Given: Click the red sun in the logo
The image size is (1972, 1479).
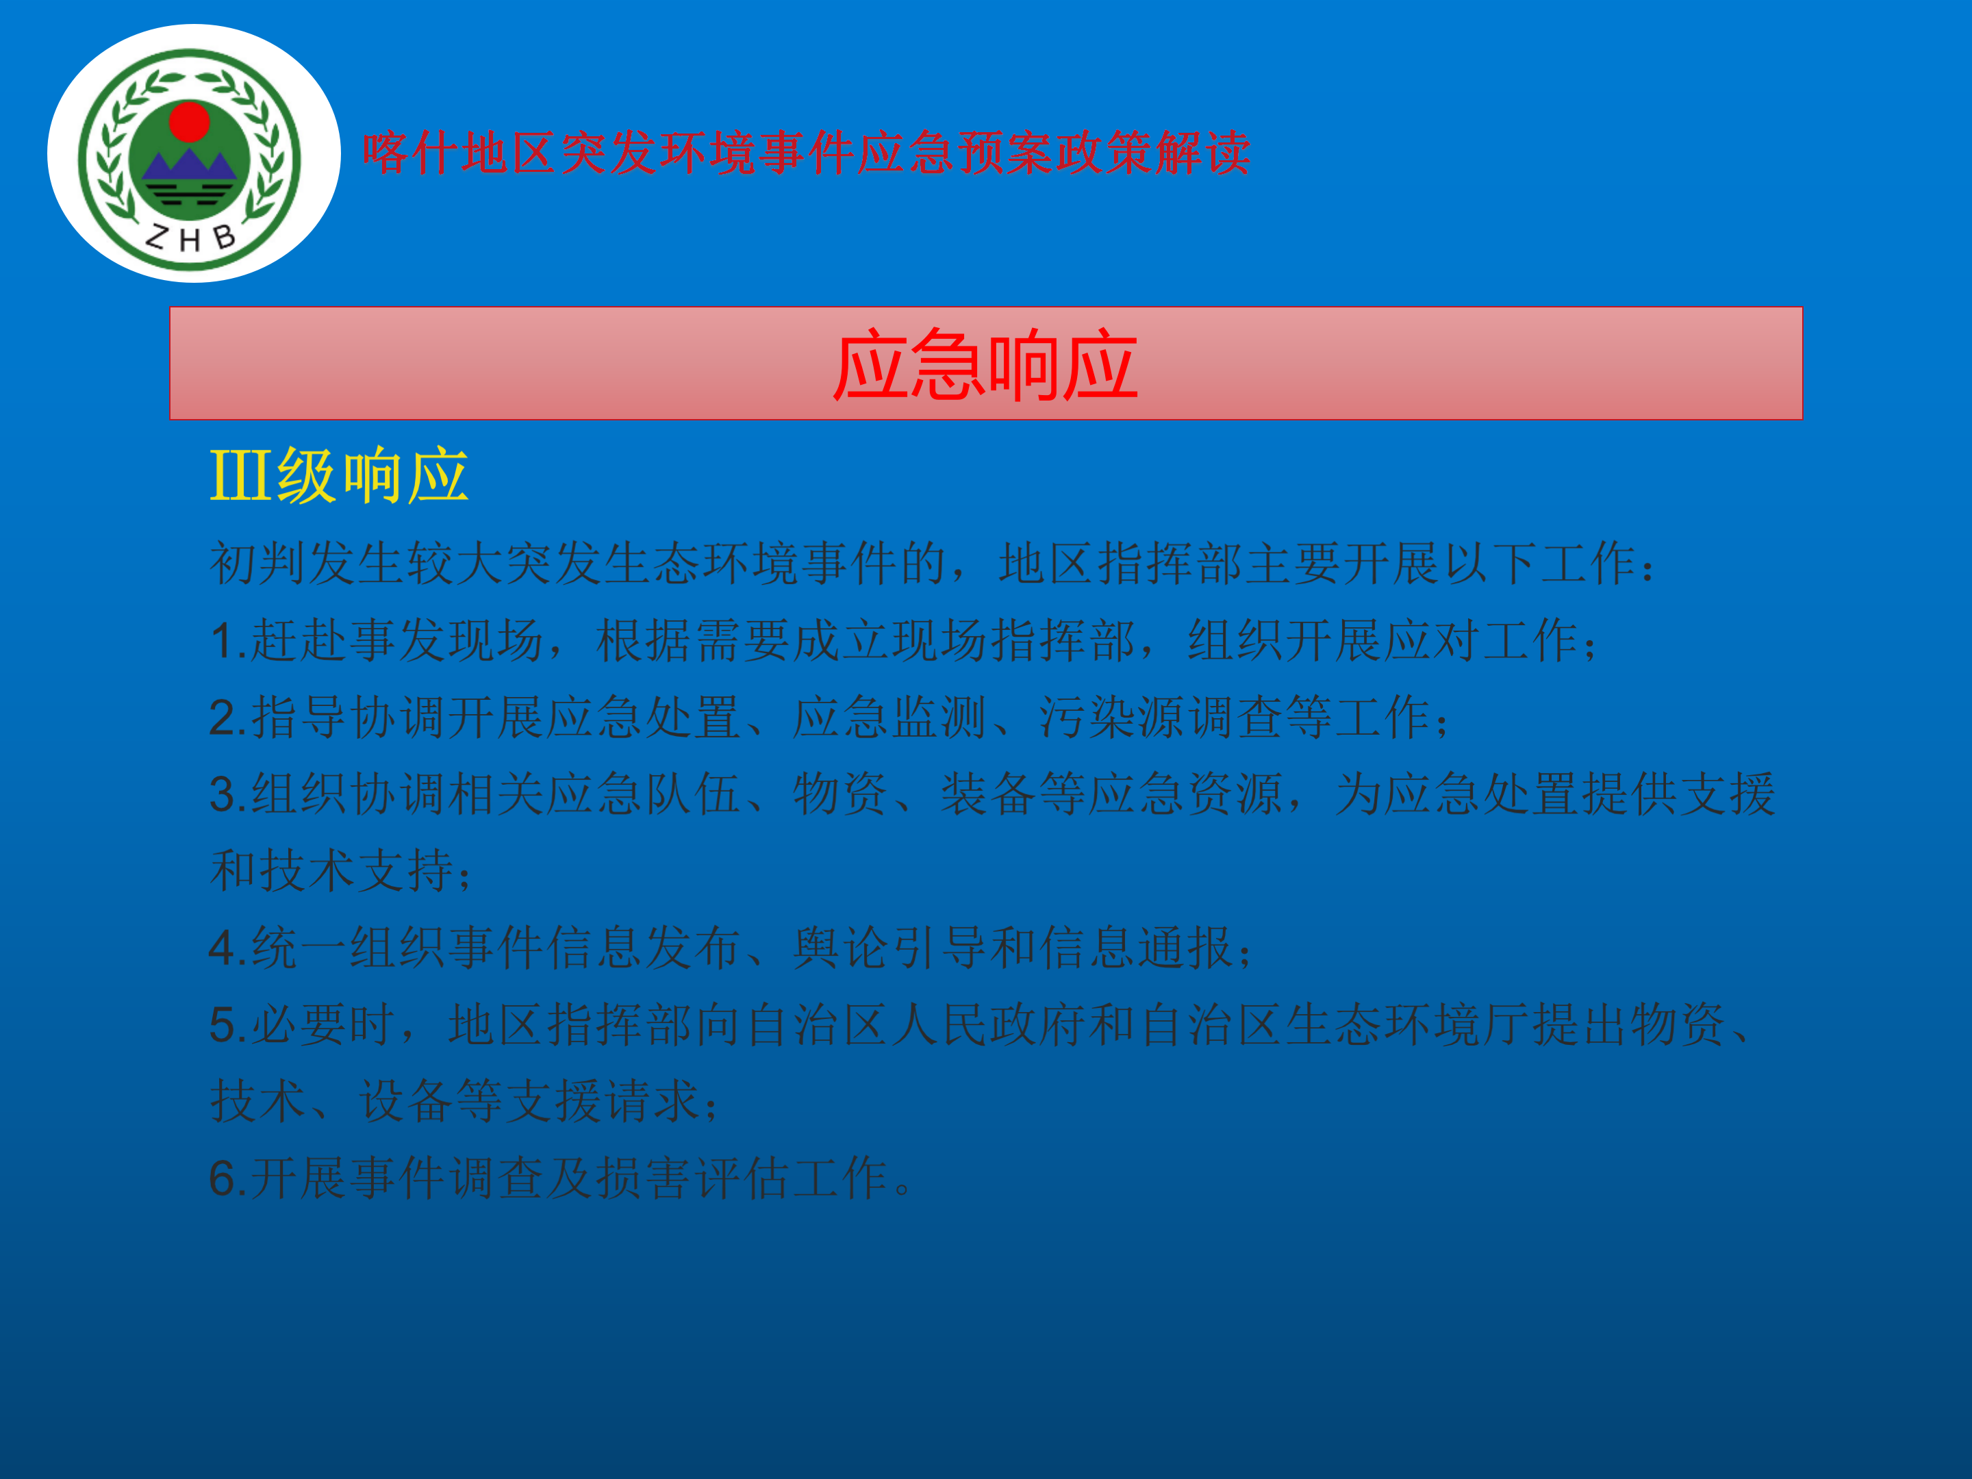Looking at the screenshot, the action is (x=189, y=122).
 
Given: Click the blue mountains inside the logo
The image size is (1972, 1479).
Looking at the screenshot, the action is (x=189, y=165).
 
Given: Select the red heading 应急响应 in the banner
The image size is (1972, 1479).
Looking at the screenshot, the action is (x=985, y=365).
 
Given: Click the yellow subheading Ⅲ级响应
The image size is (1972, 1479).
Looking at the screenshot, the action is (x=339, y=476).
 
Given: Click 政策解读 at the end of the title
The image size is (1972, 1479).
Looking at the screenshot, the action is (x=1152, y=153).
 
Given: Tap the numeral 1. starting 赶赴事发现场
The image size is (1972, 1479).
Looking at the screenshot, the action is (x=228, y=641).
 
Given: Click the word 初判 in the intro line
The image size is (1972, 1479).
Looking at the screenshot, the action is (x=259, y=564).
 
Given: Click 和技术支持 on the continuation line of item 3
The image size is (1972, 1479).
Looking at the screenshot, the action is (x=331, y=871).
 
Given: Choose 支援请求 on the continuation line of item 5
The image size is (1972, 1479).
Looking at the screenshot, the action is (x=603, y=1101).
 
